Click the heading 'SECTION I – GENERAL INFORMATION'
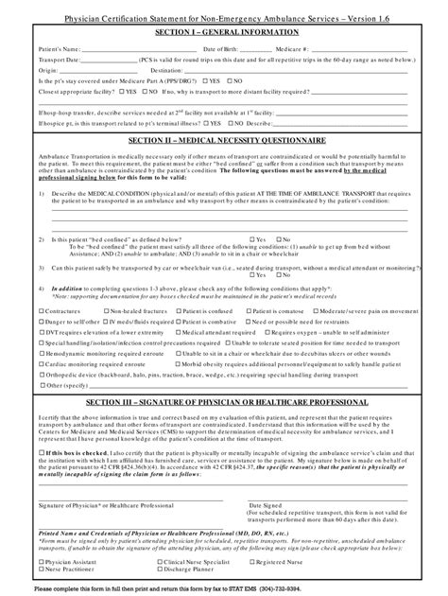click(x=225, y=31)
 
